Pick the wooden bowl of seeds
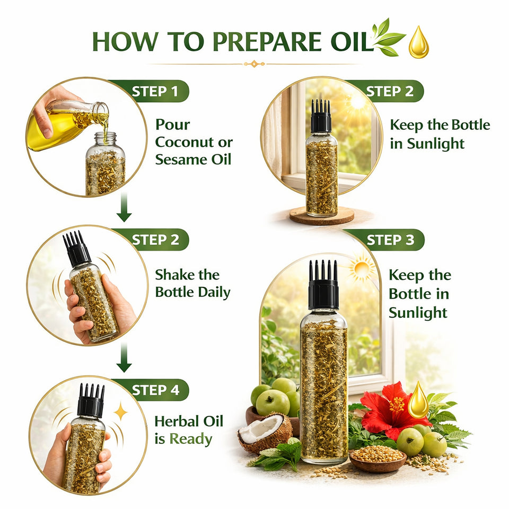(x=371, y=458)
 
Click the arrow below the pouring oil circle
(x=124, y=210)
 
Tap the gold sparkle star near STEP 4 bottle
(x=120, y=411)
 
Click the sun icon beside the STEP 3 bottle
(x=363, y=268)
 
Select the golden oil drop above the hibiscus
(x=418, y=400)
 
